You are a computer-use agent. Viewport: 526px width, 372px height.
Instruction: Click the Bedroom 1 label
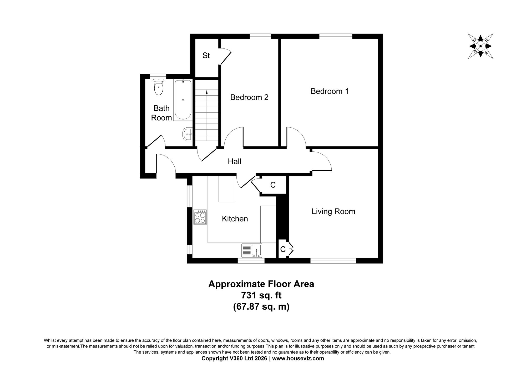coord(329,91)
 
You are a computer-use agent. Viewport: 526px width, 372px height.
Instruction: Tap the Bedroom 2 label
coord(249,97)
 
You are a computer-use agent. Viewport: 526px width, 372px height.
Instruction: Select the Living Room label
coord(333,211)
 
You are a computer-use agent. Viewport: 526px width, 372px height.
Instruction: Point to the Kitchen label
coord(235,219)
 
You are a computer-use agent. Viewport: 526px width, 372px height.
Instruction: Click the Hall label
coord(234,161)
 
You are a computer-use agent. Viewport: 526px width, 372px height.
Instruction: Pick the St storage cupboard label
coord(206,56)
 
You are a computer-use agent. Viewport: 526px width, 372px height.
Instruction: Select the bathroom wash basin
coord(188,134)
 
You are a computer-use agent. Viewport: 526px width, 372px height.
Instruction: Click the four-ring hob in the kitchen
coord(200,217)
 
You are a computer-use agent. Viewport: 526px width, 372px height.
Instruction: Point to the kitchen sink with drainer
coord(252,251)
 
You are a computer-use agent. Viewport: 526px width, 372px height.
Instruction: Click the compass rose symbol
coord(481,46)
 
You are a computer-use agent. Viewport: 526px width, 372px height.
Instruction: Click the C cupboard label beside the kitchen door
coord(273,185)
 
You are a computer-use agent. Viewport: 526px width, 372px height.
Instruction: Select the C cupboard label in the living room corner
coord(283,249)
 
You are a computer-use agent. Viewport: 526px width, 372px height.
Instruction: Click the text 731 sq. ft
coord(261,295)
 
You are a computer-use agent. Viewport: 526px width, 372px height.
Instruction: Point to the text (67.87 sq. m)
coord(261,307)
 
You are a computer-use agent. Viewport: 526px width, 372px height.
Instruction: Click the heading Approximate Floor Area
coord(261,284)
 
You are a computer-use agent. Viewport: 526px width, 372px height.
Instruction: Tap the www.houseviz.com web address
coord(298,358)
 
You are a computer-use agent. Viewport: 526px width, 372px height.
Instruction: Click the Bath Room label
coord(161,113)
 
